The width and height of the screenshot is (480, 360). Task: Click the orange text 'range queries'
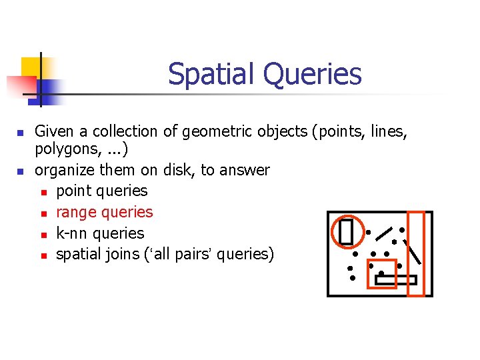105,212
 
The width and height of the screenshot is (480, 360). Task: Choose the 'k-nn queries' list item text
100,233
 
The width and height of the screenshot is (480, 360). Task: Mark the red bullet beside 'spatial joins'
43,255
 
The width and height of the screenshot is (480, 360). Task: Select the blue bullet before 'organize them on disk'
21,171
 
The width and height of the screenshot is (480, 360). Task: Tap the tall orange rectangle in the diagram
416,253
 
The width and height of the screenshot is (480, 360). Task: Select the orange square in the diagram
382,273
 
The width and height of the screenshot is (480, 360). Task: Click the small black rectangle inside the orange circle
345,231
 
